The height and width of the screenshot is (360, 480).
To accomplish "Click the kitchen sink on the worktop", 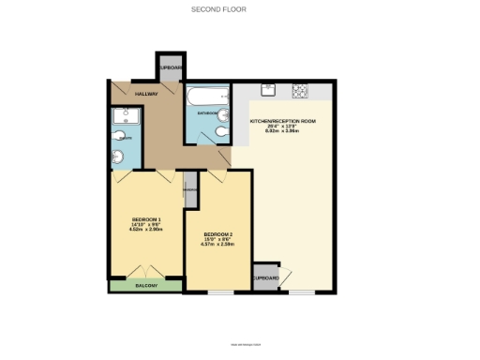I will tap(267, 91).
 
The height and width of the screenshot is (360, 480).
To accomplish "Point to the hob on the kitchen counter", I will tap(301, 91).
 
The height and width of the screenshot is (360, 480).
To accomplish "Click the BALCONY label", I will tap(146, 285).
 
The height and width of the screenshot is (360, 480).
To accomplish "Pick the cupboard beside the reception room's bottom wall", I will tap(265, 277).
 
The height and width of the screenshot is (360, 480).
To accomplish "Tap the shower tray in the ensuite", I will tap(125, 117).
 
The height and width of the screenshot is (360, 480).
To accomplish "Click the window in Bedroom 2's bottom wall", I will tap(221, 292).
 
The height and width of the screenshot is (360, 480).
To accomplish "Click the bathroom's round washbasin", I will tap(219, 135).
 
